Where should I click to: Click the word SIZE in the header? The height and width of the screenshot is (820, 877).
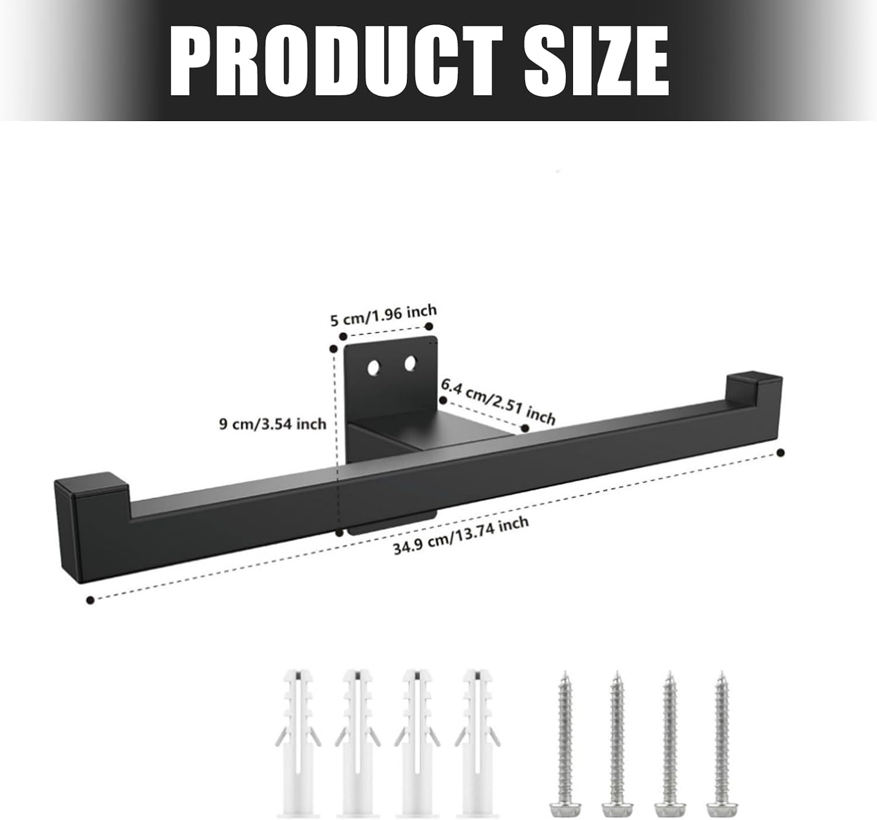pos(596,60)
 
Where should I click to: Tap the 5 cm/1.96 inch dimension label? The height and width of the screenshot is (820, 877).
pos(384,315)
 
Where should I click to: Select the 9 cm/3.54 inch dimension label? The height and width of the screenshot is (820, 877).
pos(273,424)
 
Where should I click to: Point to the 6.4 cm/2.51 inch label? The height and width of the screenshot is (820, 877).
pos(499,402)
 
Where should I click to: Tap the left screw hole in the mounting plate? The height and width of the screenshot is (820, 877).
pos(373,367)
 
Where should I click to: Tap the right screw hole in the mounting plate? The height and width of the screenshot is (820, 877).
pos(410,363)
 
